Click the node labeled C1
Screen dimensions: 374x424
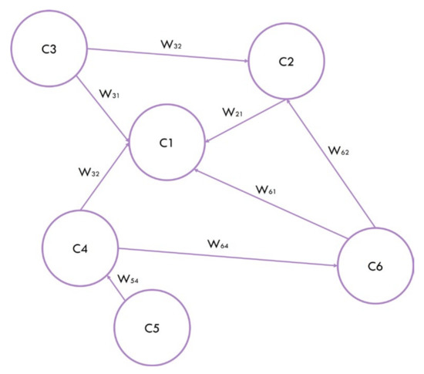click(167, 144)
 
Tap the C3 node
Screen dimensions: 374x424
click(49, 51)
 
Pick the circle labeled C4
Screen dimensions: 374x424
click(79, 248)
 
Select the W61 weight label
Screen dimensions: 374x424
click(269, 190)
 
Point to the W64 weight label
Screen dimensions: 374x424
click(218, 244)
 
